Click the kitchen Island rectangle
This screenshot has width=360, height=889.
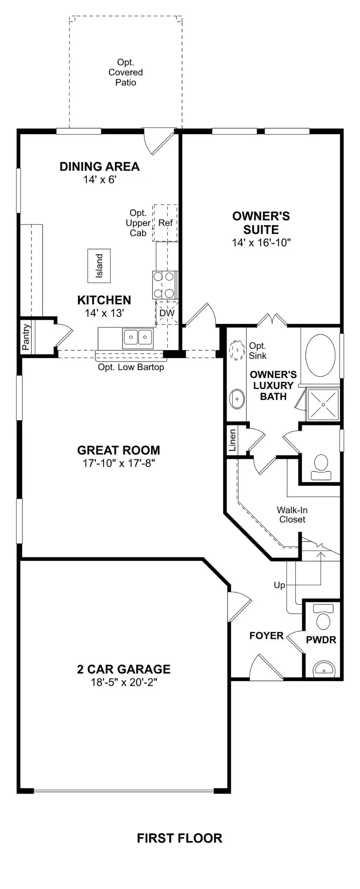[x=99, y=265]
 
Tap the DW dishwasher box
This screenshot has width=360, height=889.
[x=167, y=313]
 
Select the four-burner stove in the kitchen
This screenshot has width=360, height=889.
[x=164, y=285]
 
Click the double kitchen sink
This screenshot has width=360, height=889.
[x=138, y=338]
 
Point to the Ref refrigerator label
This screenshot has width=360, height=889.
[x=165, y=223]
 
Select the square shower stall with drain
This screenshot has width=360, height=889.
[x=323, y=404]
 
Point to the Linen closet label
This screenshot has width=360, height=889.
[x=232, y=440]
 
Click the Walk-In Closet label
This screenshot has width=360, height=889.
[x=292, y=514]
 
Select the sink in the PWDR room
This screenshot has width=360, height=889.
[x=323, y=669]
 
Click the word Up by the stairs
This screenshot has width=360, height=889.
[x=279, y=585]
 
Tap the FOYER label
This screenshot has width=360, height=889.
[x=266, y=636]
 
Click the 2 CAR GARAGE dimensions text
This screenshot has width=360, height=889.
[x=124, y=682]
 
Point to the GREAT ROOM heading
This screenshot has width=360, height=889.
[x=118, y=450]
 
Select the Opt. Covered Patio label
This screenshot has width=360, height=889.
[x=125, y=72]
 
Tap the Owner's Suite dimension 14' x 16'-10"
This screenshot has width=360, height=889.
[x=261, y=242]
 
